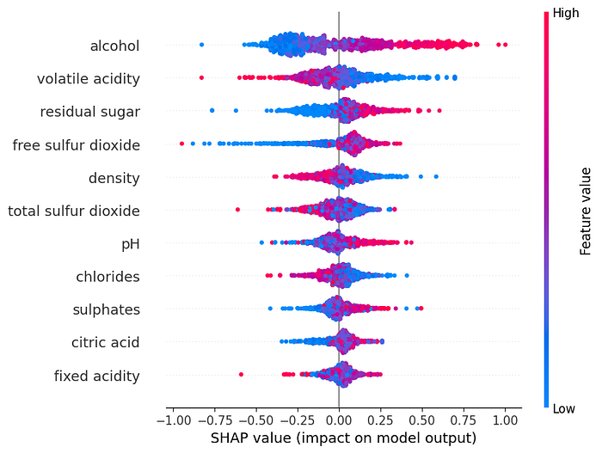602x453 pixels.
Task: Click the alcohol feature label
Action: pos(114,46)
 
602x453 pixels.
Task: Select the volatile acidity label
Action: pos(89,79)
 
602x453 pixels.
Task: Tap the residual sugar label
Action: pos(90,112)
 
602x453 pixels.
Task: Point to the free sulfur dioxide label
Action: pos(77,145)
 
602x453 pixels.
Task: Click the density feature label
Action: pos(114,179)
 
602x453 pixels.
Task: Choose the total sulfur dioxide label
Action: pos(74,211)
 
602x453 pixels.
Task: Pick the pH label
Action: pos(131,244)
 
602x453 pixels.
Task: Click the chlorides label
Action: pos(107,277)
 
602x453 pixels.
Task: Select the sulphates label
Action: pos(107,309)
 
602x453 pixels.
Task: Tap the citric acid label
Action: pos(106,342)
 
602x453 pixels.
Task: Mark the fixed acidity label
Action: pos(96,376)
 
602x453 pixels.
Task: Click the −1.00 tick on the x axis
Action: pos(174,420)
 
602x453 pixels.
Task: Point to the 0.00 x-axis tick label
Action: pos(339,420)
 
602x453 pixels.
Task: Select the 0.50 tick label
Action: pos(422,420)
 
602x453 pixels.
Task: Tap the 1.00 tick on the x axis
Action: pos(505,420)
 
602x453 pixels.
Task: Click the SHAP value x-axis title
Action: pos(344,438)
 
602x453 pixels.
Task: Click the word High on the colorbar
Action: pos(566,13)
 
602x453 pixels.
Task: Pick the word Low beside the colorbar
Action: pos(563,409)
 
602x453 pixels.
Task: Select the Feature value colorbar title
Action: pos(585,211)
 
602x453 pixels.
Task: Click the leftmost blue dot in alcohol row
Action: pos(201,45)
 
